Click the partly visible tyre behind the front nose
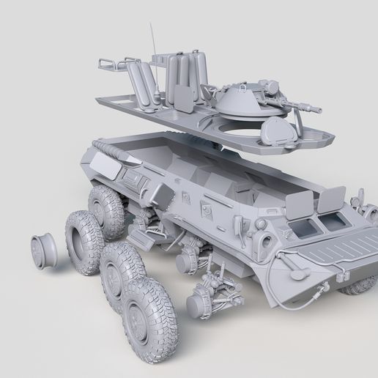click(x=358, y=286)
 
